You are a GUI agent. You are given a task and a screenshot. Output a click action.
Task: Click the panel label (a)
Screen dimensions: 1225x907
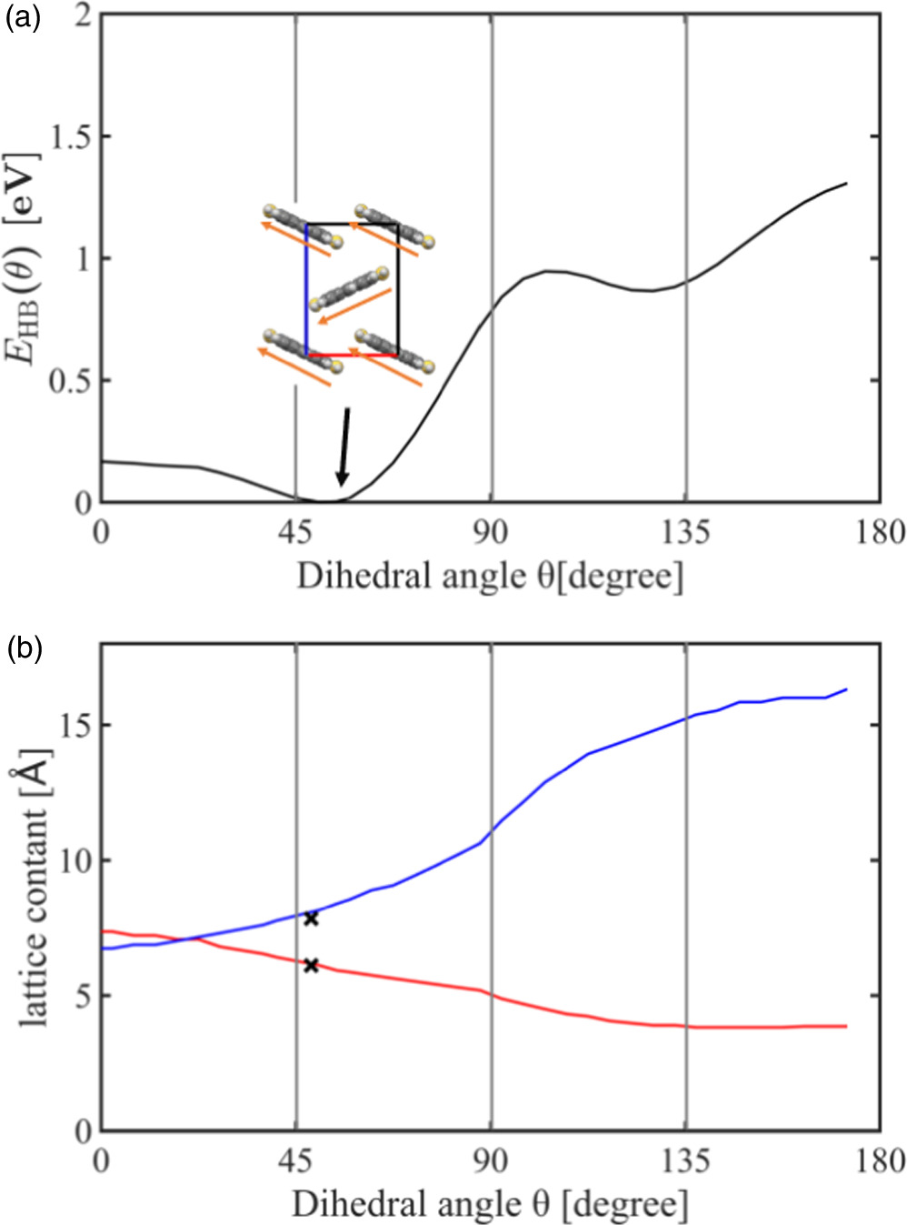24,19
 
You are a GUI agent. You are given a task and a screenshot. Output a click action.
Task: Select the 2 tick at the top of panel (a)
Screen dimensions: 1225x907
83,15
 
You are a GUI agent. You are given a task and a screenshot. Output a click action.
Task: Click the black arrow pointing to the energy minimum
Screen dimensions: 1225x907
344,446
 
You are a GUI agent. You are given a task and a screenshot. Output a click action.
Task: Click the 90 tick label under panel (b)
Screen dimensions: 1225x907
491,1161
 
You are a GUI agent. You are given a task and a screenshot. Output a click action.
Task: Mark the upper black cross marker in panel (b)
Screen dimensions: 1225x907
311,919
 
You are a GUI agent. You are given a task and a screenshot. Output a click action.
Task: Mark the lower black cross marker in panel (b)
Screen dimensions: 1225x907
311,965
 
